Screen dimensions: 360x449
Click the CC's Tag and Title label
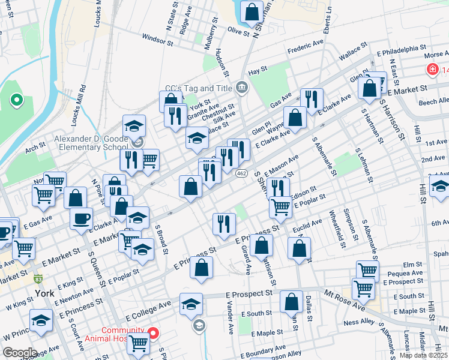click(199, 88)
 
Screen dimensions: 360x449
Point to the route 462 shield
click(241, 173)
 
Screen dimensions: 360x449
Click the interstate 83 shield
click(38, 278)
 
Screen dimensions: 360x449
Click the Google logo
click(20, 353)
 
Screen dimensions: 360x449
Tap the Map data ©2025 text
click(423, 355)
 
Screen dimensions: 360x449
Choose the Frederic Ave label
click(305, 46)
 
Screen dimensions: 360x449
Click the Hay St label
click(257, 70)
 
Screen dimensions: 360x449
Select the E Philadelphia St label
click(402, 46)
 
